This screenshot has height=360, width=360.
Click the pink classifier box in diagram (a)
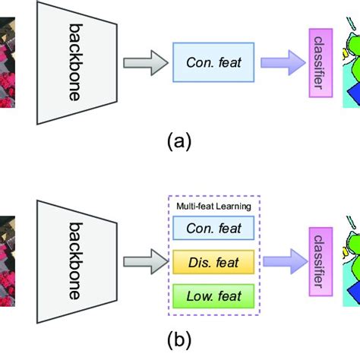[320, 60]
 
